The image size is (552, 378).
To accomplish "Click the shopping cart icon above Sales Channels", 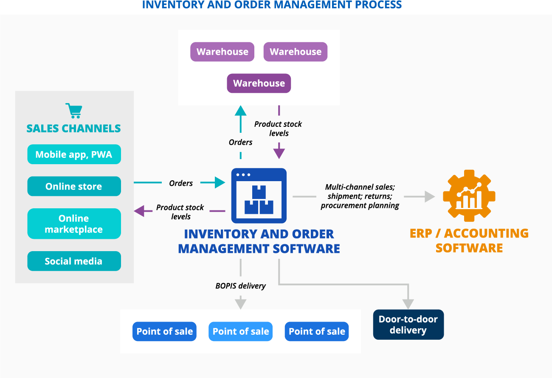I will (74, 111).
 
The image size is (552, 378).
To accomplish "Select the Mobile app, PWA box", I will (74, 154).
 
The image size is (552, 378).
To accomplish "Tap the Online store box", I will (74, 186).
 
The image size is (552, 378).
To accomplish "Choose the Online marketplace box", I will (74, 224).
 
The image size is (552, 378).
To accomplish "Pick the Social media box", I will (74, 261).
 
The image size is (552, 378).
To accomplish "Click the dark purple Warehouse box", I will (259, 83).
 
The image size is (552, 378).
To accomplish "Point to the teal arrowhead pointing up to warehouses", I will (241, 111).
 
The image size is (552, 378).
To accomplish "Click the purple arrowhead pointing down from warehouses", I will (279, 151).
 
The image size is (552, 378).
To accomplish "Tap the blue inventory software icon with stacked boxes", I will (259, 196).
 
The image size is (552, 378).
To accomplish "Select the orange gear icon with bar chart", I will (469, 196).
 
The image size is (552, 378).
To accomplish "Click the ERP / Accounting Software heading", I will (469, 240).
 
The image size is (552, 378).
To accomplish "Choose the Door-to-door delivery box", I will (408, 325).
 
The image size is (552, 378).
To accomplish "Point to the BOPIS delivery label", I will (240, 286).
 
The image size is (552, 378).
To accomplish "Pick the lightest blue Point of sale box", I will (240, 331).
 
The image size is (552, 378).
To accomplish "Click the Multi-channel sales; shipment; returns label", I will (360, 196).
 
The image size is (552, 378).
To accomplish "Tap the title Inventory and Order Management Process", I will (272, 5).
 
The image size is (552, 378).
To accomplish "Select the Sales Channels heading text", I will (73, 128).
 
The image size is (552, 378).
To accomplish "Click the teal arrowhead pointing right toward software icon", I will (220, 182).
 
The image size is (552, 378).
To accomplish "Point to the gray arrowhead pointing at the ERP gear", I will (430, 196).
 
